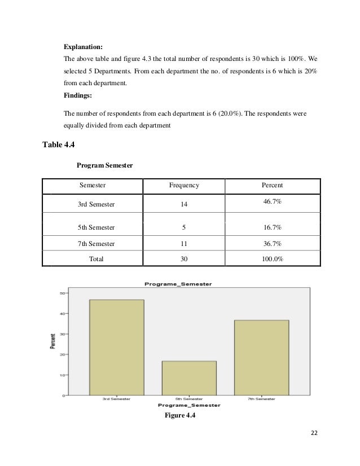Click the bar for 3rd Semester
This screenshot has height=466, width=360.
[x=116, y=346]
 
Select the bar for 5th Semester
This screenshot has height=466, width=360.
[x=189, y=377]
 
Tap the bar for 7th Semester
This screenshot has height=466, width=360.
[x=261, y=357]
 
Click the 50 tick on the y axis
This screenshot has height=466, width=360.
[x=60, y=293]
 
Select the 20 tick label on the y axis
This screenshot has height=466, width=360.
[x=60, y=354]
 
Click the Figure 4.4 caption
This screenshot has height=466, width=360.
[x=179, y=416]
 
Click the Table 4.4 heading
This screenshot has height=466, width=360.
[x=59, y=144]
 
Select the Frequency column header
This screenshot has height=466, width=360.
[x=184, y=185]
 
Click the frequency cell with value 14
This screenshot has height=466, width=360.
[x=184, y=204]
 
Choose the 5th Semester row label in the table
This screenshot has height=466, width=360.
[x=96, y=227]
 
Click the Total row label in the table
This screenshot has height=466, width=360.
[x=96, y=259]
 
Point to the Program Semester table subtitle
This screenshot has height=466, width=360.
[x=104, y=165]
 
